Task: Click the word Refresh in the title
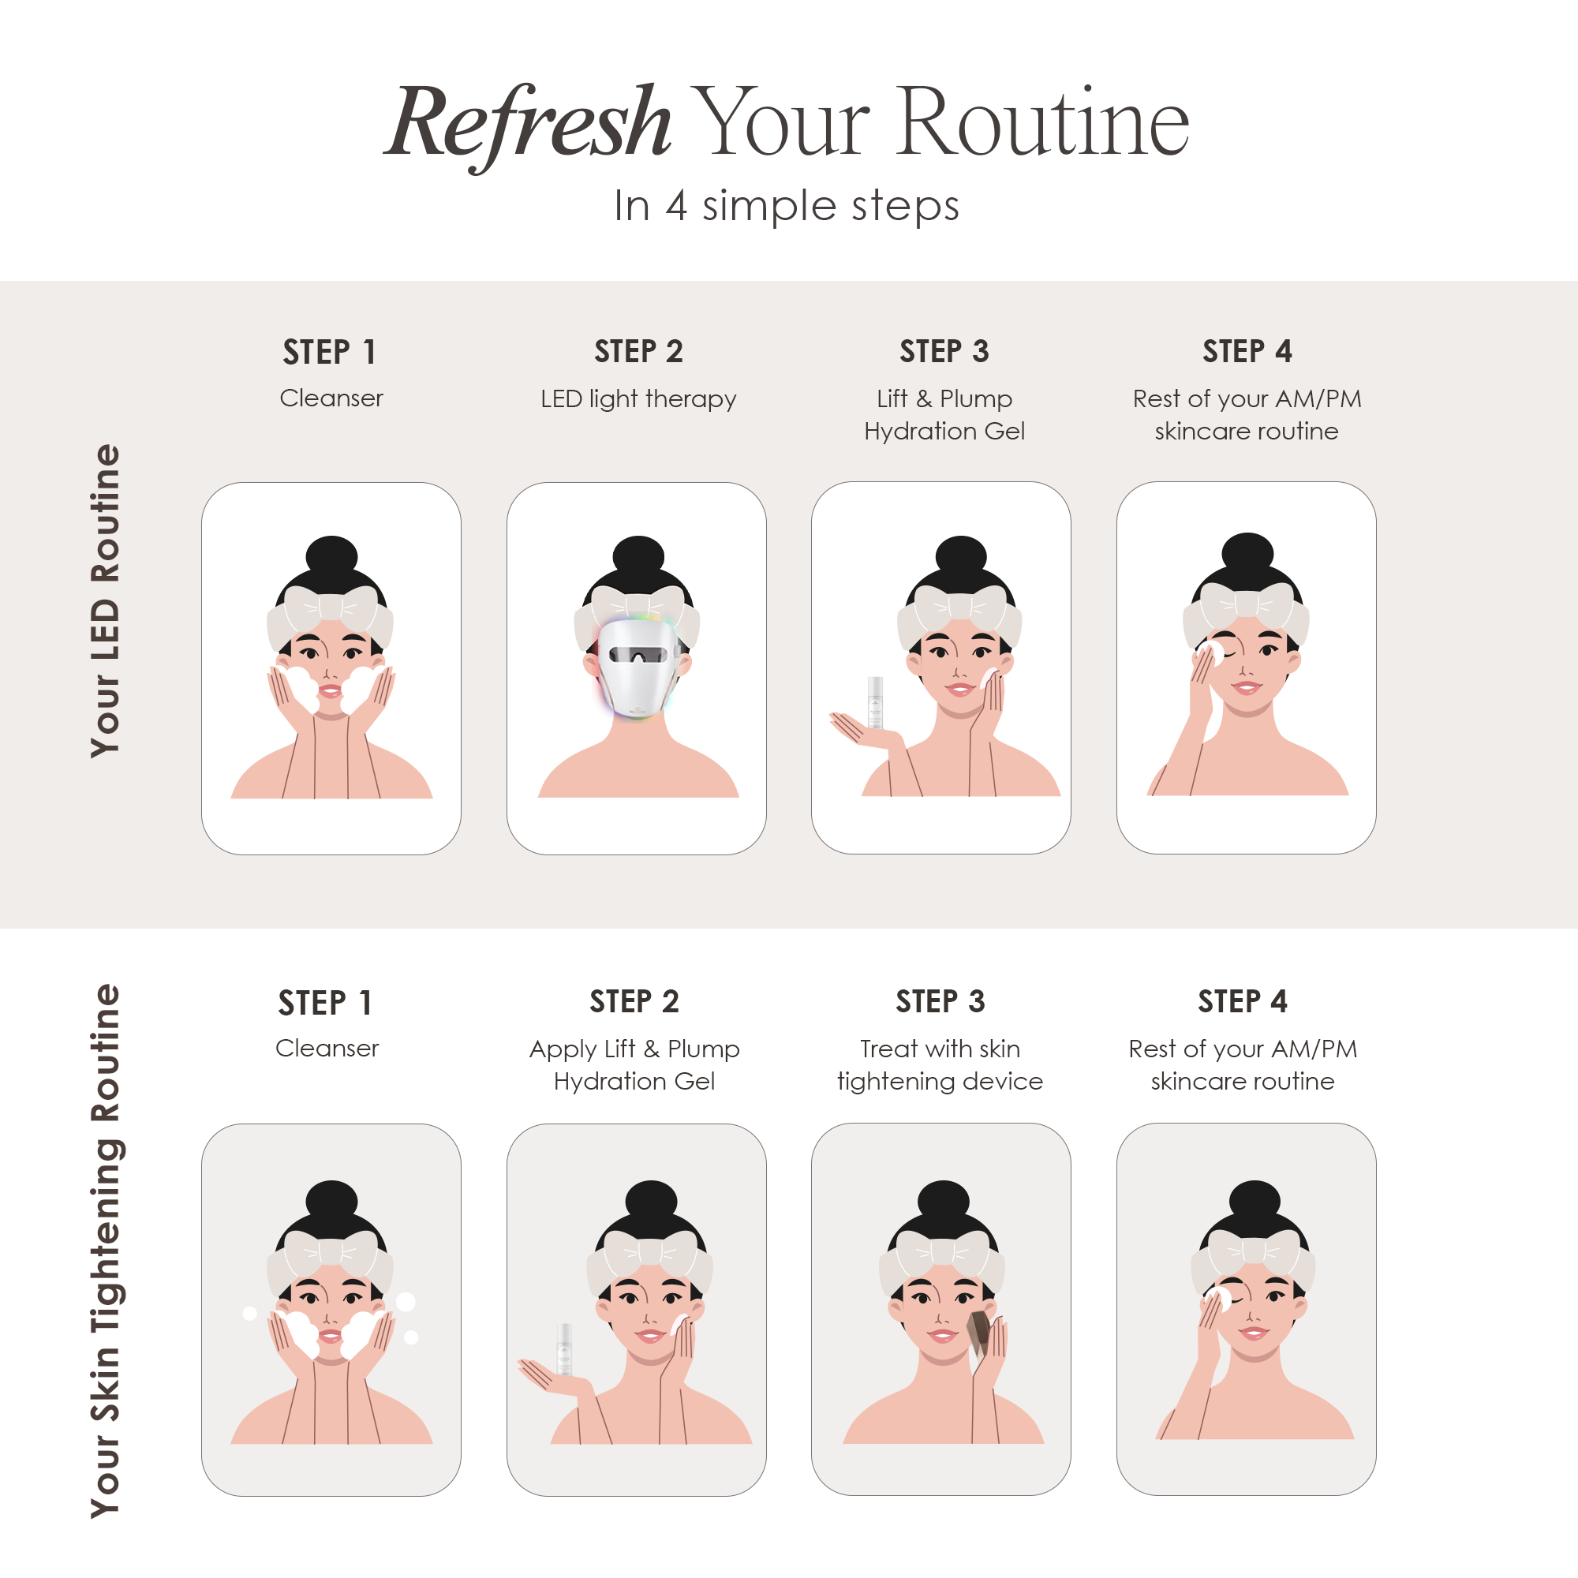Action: point(529,122)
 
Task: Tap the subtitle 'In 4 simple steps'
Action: point(787,206)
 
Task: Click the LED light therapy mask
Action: point(636,666)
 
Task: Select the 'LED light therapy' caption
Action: point(638,398)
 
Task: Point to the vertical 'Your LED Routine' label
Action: point(106,600)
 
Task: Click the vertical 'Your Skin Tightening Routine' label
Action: point(106,1251)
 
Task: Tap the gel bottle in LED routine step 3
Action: point(875,701)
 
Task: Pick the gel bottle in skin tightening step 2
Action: point(563,1348)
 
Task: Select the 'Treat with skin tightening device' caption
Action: point(940,1064)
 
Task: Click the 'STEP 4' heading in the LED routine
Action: point(1247,351)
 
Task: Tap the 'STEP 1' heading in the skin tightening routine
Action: point(325,1002)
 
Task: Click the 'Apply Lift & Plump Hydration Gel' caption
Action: point(634,1064)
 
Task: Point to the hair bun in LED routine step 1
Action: point(331,555)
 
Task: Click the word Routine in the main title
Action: point(1042,122)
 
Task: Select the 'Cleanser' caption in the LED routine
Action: point(331,398)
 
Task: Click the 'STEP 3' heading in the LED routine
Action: point(944,351)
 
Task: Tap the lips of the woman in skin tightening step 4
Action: point(1254,1333)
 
